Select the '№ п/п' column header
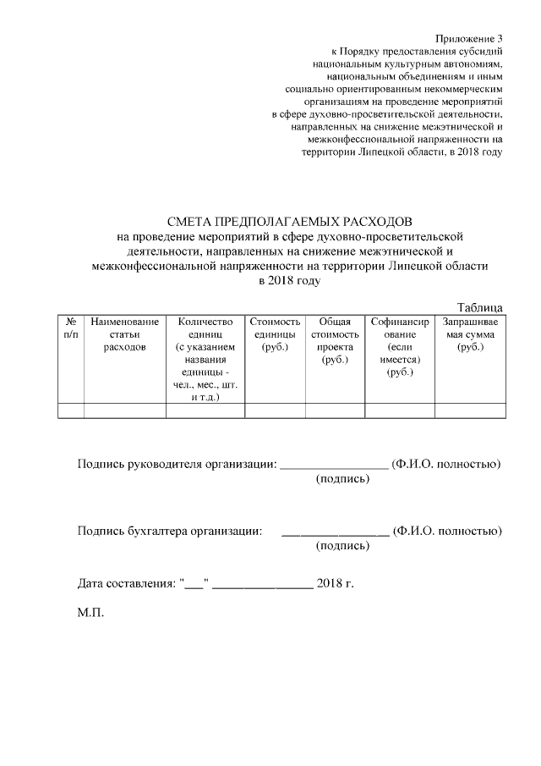tap(70, 328)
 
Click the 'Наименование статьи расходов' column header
tap(124, 334)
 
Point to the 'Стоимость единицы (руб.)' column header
tap(275, 334)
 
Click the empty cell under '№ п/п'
tap(70, 411)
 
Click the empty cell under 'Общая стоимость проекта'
tap(335, 411)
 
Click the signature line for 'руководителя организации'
tap(333, 466)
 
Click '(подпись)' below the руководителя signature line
tap(342, 480)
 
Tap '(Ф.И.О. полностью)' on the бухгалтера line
tap(448, 532)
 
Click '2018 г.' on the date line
tap(335, 584)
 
